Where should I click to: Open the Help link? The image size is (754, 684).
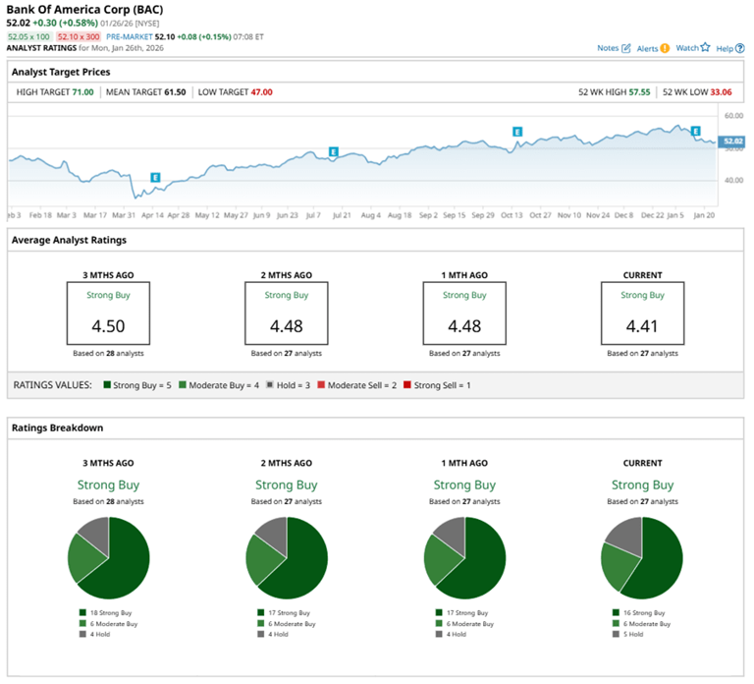pyautogui.click(x=728, y=48)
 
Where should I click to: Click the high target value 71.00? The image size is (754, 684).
pyautogui.click(x=82, y=92)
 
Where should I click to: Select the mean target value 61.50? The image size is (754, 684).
pyautogui.click(x=174, y=92)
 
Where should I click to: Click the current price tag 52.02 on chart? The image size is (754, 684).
pyautogui.click(x=731, y=142)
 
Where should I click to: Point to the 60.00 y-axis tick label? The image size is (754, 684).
pyautogui.click(x=731, y=116)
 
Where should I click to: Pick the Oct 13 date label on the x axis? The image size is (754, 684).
pyautogui.click(x=512, y=214)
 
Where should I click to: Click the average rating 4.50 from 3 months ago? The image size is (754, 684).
pyautogui.click(x=107, y=326)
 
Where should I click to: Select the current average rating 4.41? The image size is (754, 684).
pyautogui.click(x=642, y=326)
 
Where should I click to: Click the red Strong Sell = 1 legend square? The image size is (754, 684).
pyautogui.click(x=407, y=385)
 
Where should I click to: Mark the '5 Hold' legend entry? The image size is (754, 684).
pyautogui.click(x=633, y=634)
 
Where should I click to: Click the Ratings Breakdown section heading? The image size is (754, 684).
pyautogui.click(x=57, y=428)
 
